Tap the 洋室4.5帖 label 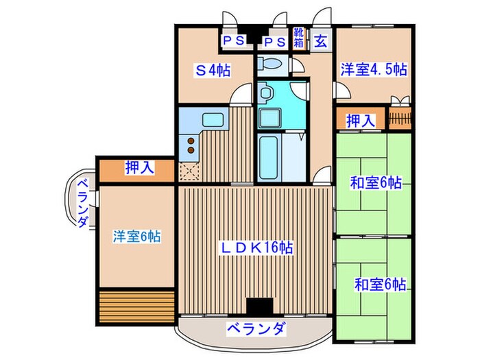tap(374, 69)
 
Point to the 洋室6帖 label tap(137, 237)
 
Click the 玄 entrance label tap(320, 41)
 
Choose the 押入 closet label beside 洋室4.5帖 tap(360, 121)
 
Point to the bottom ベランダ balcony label tap(255, 329)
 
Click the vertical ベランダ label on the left tap(82, 202)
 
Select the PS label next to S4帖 tap(232, 40)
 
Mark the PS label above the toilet tap(274, 40)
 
